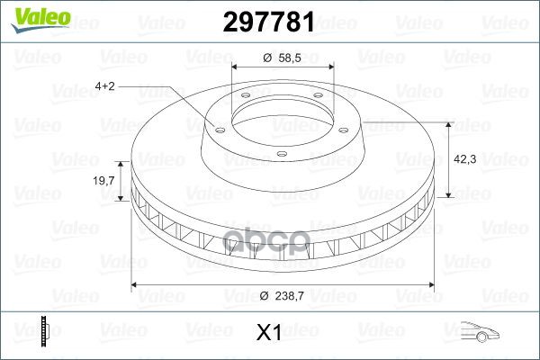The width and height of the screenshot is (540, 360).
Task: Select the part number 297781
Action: pos(269,18)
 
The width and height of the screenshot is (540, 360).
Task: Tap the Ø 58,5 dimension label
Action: pos(282,57)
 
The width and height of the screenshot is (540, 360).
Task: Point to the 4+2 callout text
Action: pos(104,86)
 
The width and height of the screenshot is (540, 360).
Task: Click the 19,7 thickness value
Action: pos(104,181)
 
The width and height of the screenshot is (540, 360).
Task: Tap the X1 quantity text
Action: pos(269,334)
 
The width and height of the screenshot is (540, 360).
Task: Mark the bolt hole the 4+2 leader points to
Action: pos(217,127)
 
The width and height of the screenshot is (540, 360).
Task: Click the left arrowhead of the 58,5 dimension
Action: pos(236,67)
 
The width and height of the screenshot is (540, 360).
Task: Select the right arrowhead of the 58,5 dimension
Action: pos(330,67)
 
